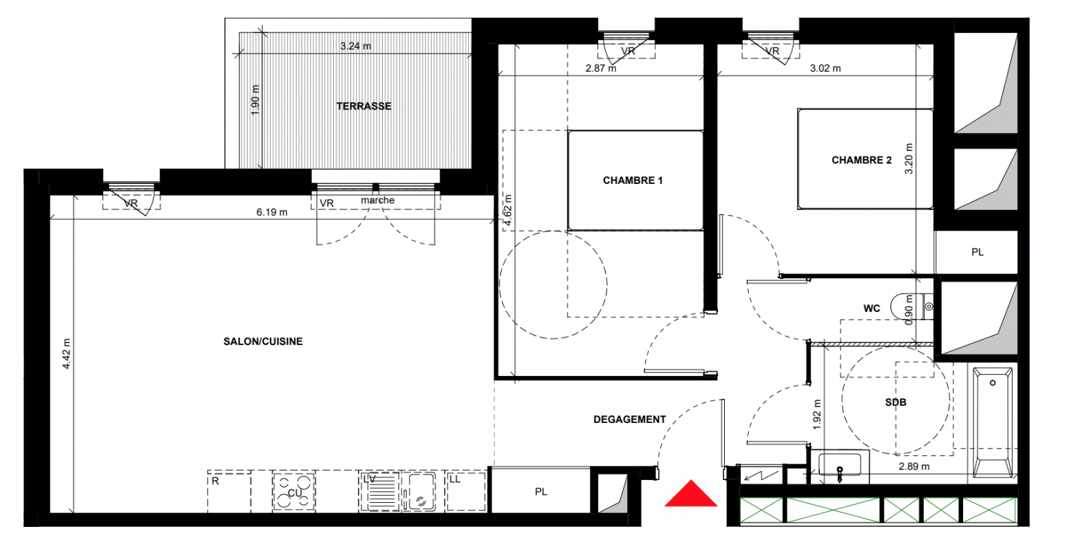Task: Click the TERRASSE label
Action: [x=363, y=106]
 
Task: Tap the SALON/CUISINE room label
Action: [x=263, y=342]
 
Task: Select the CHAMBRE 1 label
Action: [x=633, y=180]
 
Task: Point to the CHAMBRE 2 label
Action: [x=861, y=160]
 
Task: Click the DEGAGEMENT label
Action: [x=629, y=419]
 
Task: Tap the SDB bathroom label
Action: [x=896, y=403]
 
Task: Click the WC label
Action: [x=871, y=309]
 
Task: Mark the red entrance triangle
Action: [x=690, y=494]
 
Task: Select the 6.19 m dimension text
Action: [x=272, y=212]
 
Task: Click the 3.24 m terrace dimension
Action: [x=355, y=46]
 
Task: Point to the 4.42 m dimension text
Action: [x=66, y=353]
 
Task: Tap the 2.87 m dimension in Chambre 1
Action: [x=601, y=69]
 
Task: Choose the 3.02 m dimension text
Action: [x=825, y=69]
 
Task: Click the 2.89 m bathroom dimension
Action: [x=914, y=467]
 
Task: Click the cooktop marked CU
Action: [x=294, y=492]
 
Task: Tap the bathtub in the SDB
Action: [x=993, y=422]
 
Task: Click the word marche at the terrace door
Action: [x=378, y=200]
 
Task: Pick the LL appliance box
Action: [x=465, y=491]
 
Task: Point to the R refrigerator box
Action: [x=229, y=491]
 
